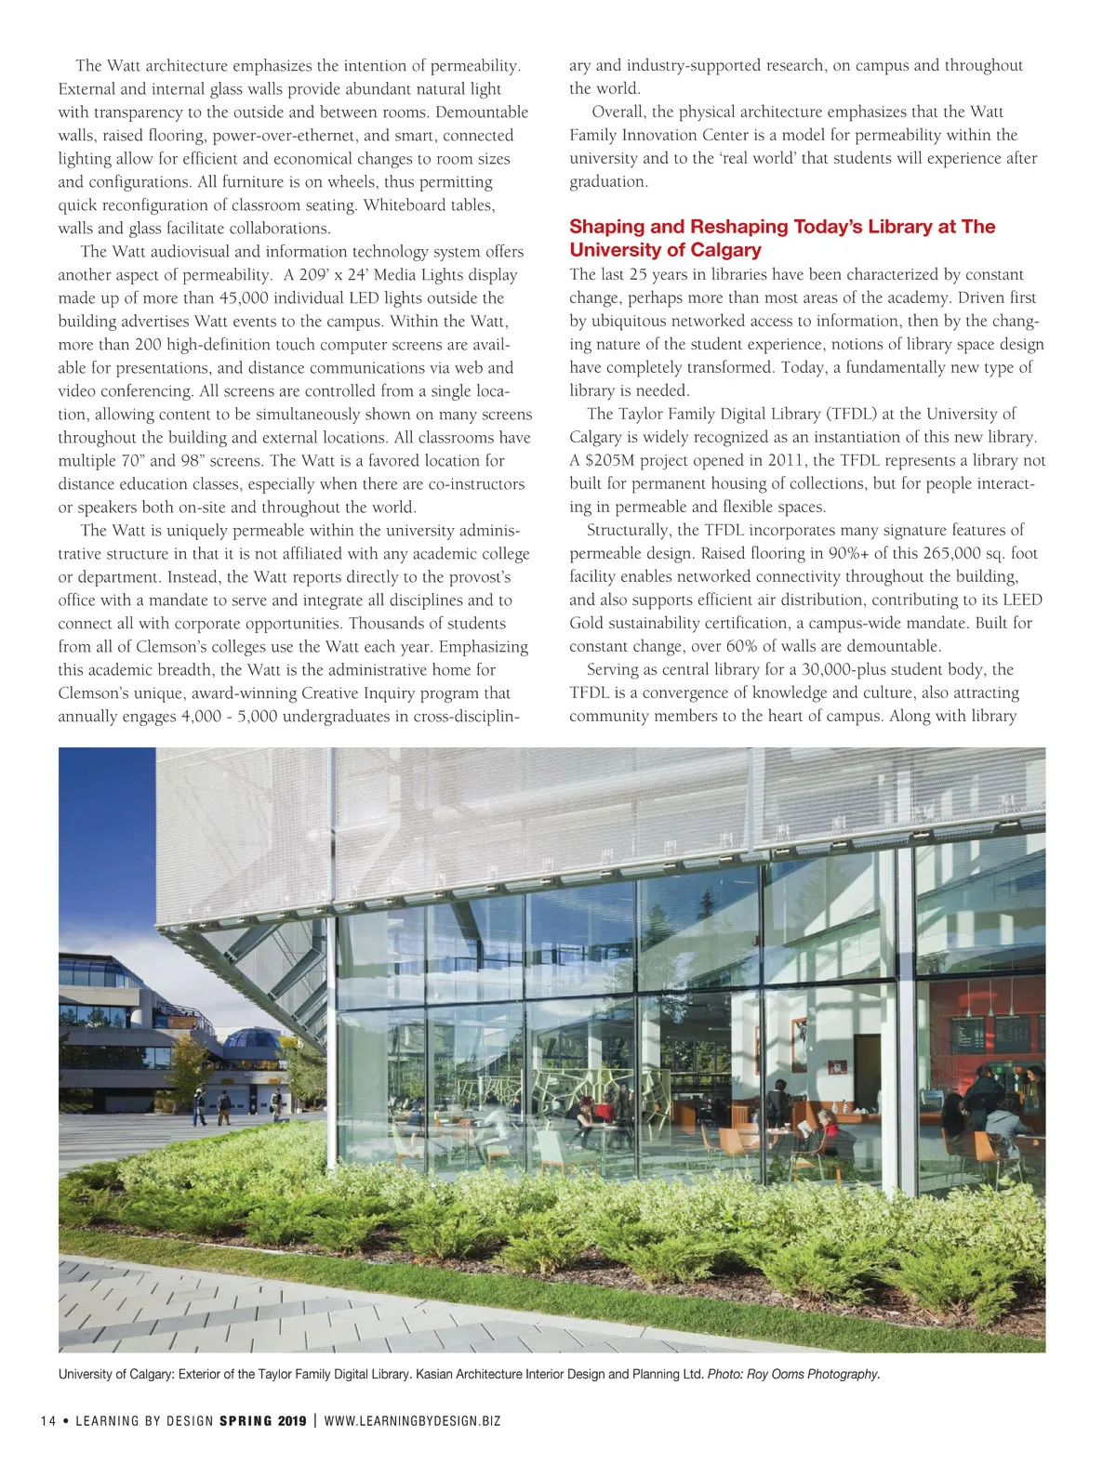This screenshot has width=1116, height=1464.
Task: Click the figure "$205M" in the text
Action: (x=612, y=461)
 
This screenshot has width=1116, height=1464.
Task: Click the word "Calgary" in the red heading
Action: (x=725, y=250)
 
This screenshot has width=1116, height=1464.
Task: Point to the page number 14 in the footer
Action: (x=48, y=1420)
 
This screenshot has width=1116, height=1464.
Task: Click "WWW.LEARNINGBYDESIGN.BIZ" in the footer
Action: (x=412, y=1420)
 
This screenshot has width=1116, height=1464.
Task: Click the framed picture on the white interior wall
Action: (x=799, y=1032)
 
